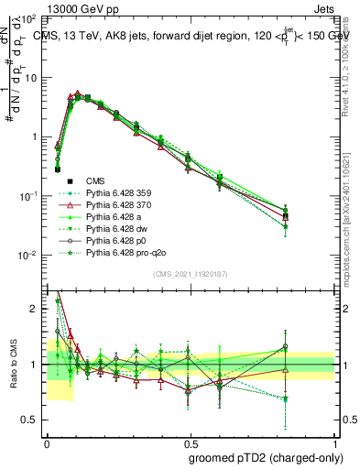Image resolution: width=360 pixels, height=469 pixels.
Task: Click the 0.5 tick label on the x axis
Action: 191,441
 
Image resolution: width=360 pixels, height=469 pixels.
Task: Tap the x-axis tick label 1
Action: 334,441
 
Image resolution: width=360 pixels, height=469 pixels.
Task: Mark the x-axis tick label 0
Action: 47,441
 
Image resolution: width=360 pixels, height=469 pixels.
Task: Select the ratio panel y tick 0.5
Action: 32,420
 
